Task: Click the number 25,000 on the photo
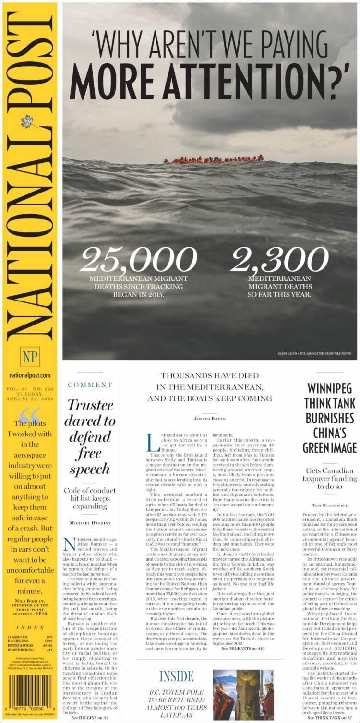point(138,260)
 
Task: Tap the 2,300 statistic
point(279,260)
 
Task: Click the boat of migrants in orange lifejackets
point(214,159)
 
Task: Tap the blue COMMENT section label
point(90,385)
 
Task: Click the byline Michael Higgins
point(90,522)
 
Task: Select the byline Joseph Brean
point(209,418)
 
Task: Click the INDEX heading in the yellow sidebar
point(30,627)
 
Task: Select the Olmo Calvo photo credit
point(314,354)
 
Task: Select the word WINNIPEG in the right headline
point(330,388)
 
